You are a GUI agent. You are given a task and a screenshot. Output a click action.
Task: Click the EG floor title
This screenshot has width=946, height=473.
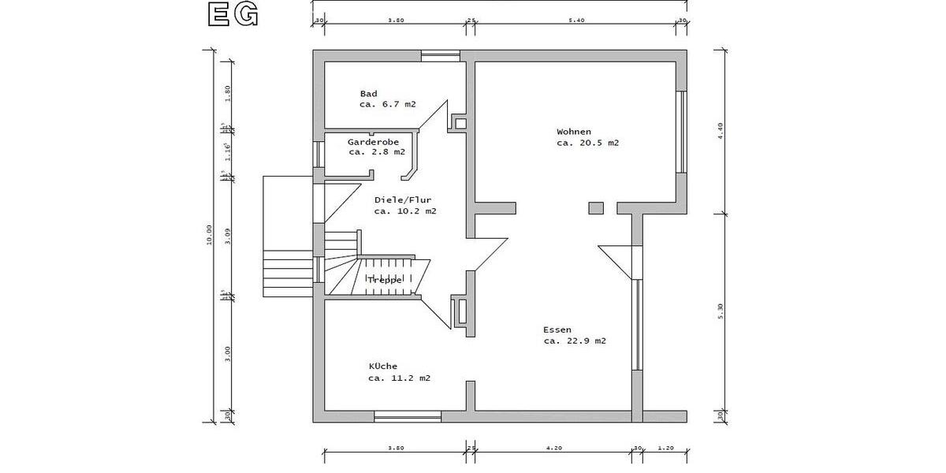click(x=232, y=15)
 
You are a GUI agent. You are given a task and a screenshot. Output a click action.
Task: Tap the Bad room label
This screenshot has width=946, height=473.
click(x=368, y=94)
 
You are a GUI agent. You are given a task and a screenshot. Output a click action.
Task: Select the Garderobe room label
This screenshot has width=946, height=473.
click(x=373, y=142)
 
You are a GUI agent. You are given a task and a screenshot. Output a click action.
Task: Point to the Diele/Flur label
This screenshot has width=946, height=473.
click(x=403, y=200)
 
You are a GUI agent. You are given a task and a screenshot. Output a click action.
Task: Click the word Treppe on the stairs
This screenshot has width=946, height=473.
click(x=385, y=280)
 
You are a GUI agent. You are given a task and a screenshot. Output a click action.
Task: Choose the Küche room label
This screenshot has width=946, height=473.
click(x=383, y=367)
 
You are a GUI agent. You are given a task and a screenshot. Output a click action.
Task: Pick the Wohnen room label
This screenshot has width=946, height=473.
click(x=574, y=132)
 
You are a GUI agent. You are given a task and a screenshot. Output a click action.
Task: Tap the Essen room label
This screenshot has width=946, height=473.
click(x=557, y=330)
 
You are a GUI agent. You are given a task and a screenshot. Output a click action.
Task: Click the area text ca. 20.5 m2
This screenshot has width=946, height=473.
click(x=587, y=143)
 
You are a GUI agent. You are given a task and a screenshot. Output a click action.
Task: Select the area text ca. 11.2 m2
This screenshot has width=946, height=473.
click(x=399, y=378)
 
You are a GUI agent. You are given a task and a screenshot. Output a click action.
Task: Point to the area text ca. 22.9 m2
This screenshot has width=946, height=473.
click(x=575, y=341)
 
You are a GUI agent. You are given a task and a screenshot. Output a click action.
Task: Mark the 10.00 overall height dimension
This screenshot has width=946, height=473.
click(x=209, y=235)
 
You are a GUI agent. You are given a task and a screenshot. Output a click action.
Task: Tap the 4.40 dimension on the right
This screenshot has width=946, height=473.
click(x=720, y=131)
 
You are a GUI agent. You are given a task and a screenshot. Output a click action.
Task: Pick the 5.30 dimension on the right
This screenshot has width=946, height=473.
click(x=720, y=311)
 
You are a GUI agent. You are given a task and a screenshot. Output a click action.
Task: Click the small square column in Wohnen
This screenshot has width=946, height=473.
click(x=596, y=208)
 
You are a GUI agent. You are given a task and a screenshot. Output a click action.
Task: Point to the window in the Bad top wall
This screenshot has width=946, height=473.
click(x=440, y=55)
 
